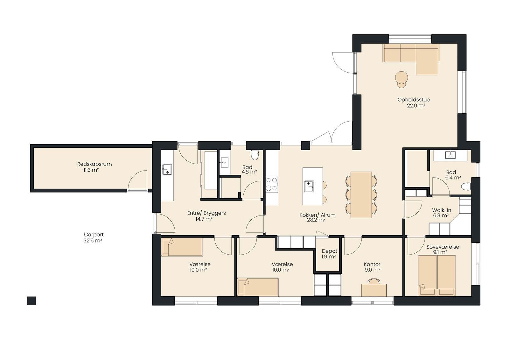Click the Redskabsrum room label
(x=94, y=164)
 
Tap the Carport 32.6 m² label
(x=94, y=238)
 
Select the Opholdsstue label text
(x=414, y=100)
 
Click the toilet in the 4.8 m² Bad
(x=254, y=155)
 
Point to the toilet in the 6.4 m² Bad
(x=466, y=187)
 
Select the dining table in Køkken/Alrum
(x=361, y=195)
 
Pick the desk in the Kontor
(x=374, y=290)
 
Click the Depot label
(x=330, y=251)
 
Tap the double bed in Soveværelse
(x=437, y=275)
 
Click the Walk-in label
(x=442, y=210)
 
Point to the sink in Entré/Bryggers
(x=167, y=169)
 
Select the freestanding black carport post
(x=31, y=301)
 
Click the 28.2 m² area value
(x=316, y=220)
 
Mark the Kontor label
(x=372, y=264)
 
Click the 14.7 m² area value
(x=204, y=219)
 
